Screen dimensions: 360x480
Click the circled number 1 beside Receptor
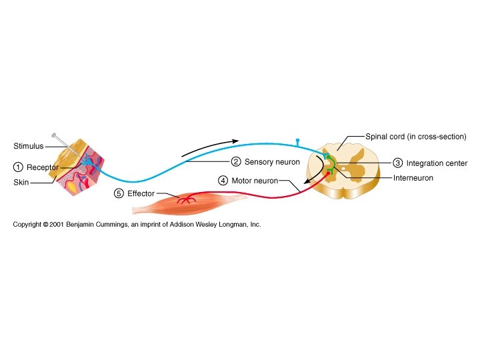point(17,167)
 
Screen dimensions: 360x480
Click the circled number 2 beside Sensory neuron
point(235,162)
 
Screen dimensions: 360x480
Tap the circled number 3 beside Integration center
point(397,163)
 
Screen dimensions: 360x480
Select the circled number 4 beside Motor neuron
point(223,180)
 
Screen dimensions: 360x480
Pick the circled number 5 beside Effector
point(119,193)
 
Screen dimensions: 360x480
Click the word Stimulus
point(28,146)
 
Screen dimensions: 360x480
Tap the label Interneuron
point(413,178)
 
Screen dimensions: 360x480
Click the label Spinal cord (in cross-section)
point(415,137)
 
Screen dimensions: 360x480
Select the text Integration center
point(437,163)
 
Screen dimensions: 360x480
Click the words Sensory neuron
point(272,162)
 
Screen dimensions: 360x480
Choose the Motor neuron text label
point(254,180)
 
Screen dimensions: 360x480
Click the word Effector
point(141,193)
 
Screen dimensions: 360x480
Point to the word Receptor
point(43,167)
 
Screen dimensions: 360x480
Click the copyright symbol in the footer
point(45,225)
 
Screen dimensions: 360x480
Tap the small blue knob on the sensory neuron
point(297,141)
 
